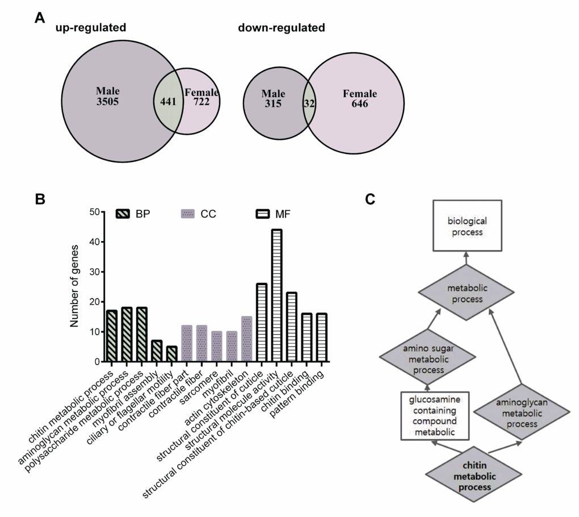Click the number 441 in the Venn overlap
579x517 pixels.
tap(168, 102)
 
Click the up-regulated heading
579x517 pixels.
tap(90, 27)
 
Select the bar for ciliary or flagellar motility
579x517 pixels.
tap(171, 354)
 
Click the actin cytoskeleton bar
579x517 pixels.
tap(246, 339)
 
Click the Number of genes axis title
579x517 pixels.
tap(74, 287)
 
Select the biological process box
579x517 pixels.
tap(467, 225)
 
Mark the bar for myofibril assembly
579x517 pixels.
tap(157, 351)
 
